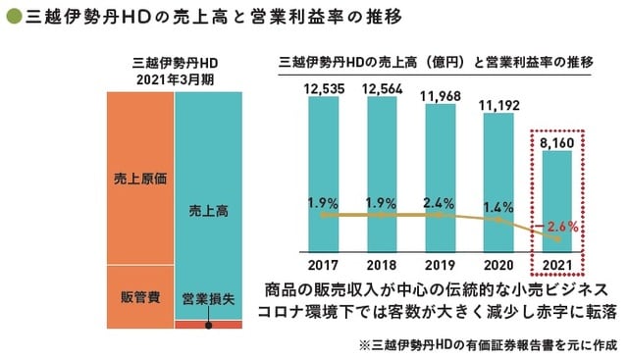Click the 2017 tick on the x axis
coord(323,264)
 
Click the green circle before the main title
coord(11,17)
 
